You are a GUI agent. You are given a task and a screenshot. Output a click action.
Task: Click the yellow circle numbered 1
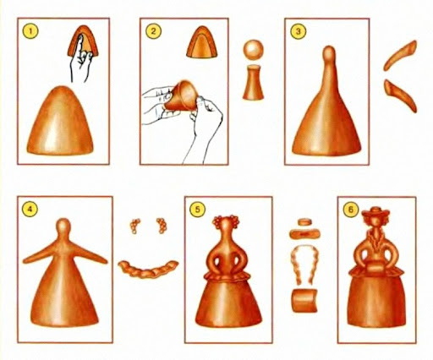point(30,30)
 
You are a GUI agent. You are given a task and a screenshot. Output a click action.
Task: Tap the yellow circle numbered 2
point(153,30)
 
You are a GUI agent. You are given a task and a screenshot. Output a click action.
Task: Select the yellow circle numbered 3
point(299,31)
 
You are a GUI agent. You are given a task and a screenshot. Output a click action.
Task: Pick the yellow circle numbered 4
point(30,209)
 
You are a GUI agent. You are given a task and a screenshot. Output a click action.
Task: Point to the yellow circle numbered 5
point(197,209)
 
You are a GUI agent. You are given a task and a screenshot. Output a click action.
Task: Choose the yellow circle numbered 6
point(351,210)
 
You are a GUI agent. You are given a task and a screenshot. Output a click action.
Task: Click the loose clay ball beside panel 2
point(253,49)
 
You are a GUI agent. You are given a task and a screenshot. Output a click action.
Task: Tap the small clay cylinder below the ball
point(253,82)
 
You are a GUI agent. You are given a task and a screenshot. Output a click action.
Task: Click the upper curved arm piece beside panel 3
point(399,55)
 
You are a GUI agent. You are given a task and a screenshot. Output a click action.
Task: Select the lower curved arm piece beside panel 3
point(400,95)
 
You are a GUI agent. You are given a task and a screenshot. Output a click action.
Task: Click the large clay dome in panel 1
point(60,120)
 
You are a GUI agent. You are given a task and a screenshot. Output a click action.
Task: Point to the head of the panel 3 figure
point(329,53)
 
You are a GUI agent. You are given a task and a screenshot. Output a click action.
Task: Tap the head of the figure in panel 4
point(63,226)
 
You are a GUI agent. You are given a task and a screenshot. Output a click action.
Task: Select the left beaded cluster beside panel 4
point(134,226)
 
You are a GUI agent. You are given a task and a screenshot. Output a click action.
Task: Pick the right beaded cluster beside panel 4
point(162,226)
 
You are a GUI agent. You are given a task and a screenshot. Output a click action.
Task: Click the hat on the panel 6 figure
point(376,212)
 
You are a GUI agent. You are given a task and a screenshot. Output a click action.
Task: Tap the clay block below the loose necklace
point(304,300)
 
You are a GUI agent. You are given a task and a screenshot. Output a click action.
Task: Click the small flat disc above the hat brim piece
point(304,222)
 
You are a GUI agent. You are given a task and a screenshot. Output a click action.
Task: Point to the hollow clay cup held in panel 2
point(181,95)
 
